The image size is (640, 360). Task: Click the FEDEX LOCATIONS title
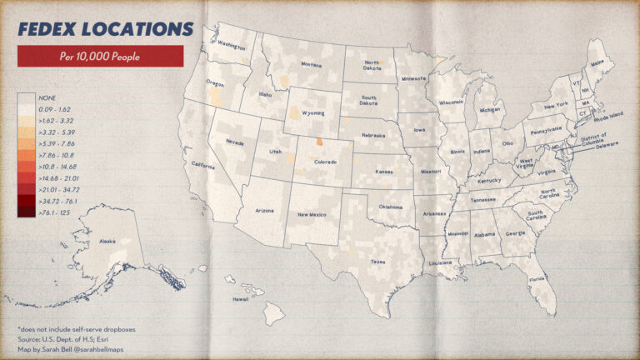tap(99, 27)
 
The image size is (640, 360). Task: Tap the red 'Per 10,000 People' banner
tap(100, 57)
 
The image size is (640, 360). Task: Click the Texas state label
tap(377, 262)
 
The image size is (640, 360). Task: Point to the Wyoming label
tap(312, 112)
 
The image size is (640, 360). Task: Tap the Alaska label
tap(107, 242)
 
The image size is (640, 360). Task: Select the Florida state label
tap(537, 278)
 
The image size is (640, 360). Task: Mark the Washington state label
tap(231, 47)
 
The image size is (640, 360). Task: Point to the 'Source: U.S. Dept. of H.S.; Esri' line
tap(64, 339)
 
